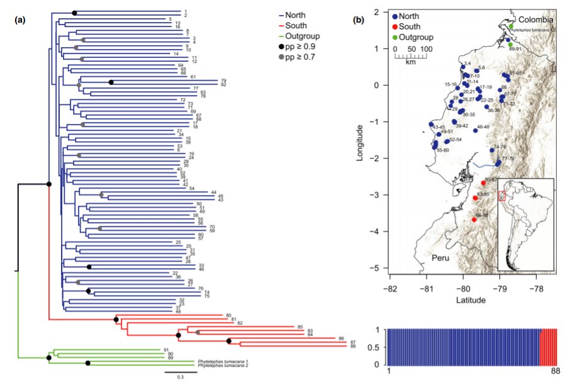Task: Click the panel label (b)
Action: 359,19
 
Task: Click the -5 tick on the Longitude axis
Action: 379,269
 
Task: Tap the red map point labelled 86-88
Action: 474,219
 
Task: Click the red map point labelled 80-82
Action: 483,183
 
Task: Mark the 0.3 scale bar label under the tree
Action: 180,377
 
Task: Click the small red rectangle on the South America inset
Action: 502,196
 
